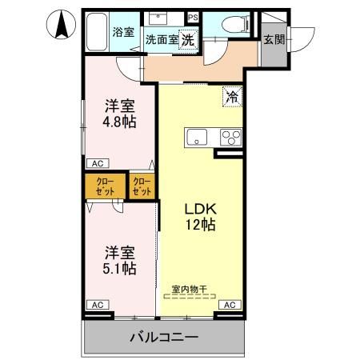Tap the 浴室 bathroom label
coord(123,33)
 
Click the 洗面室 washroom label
coord(161,39)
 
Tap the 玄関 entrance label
coord(274,39)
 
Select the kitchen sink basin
coord(196,137)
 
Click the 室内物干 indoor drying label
coord(189,288)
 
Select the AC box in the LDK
coord(229,305)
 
